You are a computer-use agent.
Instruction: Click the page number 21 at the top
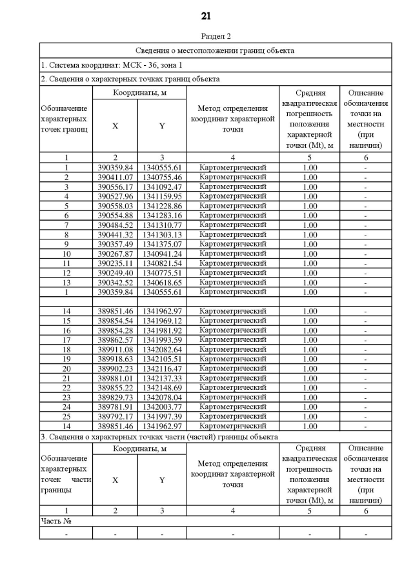206,15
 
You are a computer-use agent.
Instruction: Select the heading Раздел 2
206,36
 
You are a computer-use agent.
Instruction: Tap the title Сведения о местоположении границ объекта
215,50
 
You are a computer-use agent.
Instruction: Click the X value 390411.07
115,177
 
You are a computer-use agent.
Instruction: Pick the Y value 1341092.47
162,186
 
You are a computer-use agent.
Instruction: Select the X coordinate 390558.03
115,206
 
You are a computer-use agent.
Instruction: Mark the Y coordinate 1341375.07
162,244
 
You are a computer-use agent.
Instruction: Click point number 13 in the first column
66,283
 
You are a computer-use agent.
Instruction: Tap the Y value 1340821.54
162,263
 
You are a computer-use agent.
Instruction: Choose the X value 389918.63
115,359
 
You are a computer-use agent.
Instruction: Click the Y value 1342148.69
162,388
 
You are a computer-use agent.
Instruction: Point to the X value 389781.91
115,407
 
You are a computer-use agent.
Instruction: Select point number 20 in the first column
66,368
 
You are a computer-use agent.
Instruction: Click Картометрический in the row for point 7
232,225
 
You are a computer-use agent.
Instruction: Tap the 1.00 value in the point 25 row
310,416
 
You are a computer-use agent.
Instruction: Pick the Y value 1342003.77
162,407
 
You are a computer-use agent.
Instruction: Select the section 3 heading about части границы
159,437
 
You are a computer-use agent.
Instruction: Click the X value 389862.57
115,340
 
